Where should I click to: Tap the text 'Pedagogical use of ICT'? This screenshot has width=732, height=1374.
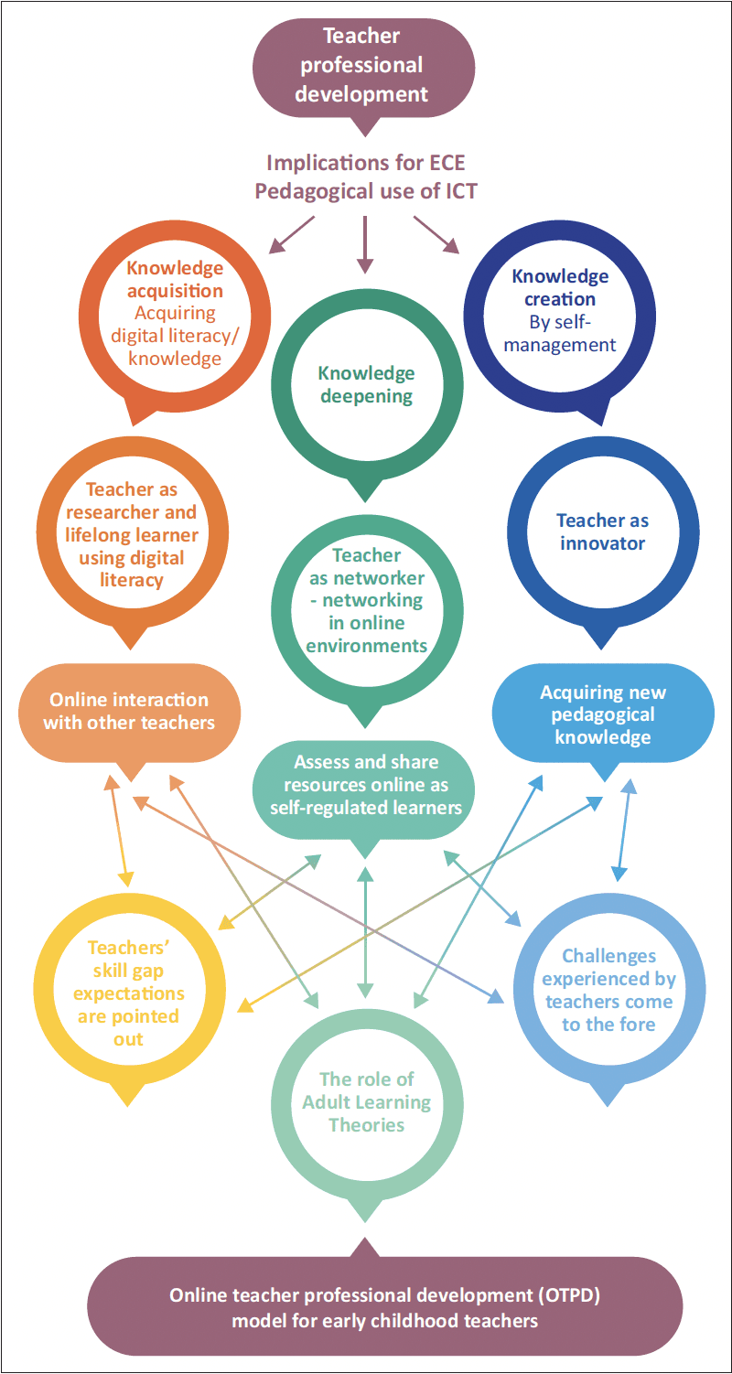(366, 192)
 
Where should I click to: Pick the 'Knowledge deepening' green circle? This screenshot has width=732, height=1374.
(366, 385)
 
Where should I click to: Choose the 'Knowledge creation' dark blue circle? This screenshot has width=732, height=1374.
(560, 310)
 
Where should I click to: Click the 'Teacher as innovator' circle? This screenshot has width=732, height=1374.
(601, 531)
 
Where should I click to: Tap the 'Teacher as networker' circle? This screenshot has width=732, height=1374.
(366, 600)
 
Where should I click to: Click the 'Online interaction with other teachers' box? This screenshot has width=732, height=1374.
(129, 711)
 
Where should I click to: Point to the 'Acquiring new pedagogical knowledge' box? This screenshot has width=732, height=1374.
(603, 714)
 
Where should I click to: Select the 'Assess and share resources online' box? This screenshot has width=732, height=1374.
(366, 785)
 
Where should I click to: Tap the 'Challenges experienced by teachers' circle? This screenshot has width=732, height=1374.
(608, 990)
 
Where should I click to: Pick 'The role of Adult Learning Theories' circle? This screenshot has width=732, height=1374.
(366, 1102)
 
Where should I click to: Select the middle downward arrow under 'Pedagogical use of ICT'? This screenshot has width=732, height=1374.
(365, 244)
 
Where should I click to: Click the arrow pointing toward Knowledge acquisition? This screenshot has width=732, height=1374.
(292, 234)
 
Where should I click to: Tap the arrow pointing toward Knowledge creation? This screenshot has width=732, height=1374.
(436, 234)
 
